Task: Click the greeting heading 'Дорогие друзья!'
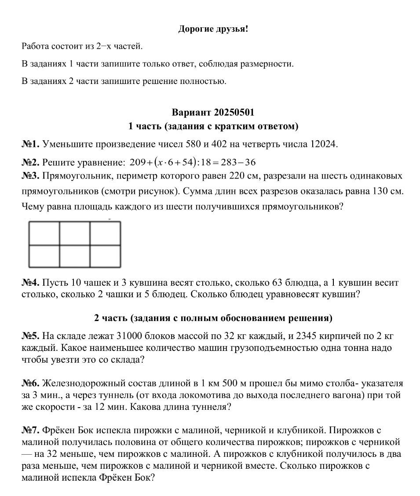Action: pos(213,29)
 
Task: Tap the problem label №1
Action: pos(30,144)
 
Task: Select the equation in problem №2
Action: pos(193,163)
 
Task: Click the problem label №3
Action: pos(30,176)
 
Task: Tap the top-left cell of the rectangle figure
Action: pos(44,233)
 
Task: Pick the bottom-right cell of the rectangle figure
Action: pos(106,255)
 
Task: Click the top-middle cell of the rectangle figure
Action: pos(75,233)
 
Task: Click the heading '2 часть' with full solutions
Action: pos(213,318)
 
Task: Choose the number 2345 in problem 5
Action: pos(307,336)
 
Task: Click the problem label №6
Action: pos(30,383)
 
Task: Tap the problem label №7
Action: pos(30,430)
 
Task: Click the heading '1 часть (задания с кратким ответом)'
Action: pos(213,127)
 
